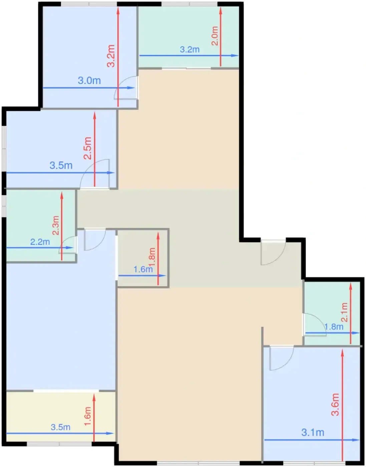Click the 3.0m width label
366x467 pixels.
coord(89,81)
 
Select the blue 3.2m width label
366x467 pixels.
coord(190,49)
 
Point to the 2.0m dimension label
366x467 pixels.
coord(215,36)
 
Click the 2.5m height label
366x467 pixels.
coord(88,148)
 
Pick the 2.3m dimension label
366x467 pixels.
coord(56,225)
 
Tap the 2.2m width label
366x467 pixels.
coord(40,242)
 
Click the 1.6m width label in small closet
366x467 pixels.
coord(143,269)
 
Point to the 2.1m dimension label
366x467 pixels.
coord(344,312)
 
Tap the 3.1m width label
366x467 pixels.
coord(313,432)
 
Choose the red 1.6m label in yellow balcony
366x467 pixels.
coord(88,416)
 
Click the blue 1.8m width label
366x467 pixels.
coord(334,327)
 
